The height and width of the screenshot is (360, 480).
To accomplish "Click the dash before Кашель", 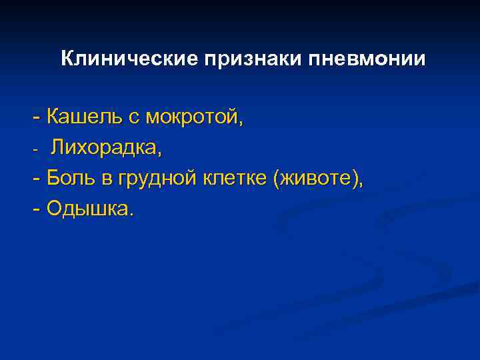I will tap(36, 119).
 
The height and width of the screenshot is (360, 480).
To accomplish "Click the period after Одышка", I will tap(131, 215).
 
